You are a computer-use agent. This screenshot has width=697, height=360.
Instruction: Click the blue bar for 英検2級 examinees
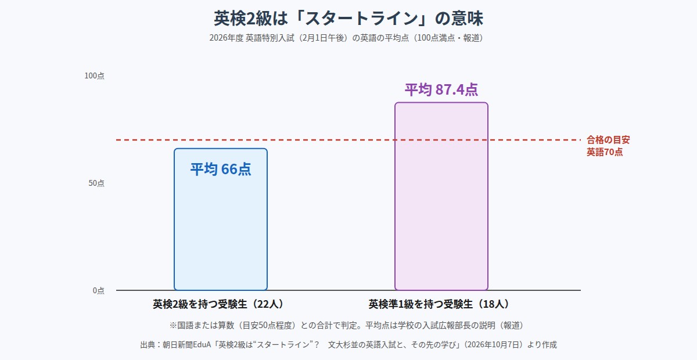click(x=221, y=219)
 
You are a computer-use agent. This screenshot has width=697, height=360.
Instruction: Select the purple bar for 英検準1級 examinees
click(x=441, y=196)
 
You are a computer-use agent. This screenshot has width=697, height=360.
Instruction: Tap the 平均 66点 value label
click(x=221, y=169)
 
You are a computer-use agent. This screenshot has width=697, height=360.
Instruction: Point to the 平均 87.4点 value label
click(x=441, y=89)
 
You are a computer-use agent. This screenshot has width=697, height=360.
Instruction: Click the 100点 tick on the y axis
click(x=94, y=75)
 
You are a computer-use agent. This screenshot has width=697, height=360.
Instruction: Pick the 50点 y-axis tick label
click(x=96, y=183)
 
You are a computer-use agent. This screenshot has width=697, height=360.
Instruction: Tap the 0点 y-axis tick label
click(x=98, y=290)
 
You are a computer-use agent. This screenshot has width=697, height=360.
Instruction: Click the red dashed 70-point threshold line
click(x=348, y=140)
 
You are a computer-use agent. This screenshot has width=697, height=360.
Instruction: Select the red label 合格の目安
click(x=608, y=140)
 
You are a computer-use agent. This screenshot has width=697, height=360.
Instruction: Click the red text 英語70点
click(x=605, y=152)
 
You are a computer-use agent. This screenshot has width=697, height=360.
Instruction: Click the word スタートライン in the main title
click(x=361, y=19)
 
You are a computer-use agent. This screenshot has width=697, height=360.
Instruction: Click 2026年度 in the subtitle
click(x=226, y=38)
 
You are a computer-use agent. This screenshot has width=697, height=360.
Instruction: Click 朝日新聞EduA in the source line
click(x=186, y=345)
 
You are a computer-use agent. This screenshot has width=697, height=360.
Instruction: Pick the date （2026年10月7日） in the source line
click(x=493, y=345)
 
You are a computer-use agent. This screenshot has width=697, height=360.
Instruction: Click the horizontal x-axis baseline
click(x=348, y=290)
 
